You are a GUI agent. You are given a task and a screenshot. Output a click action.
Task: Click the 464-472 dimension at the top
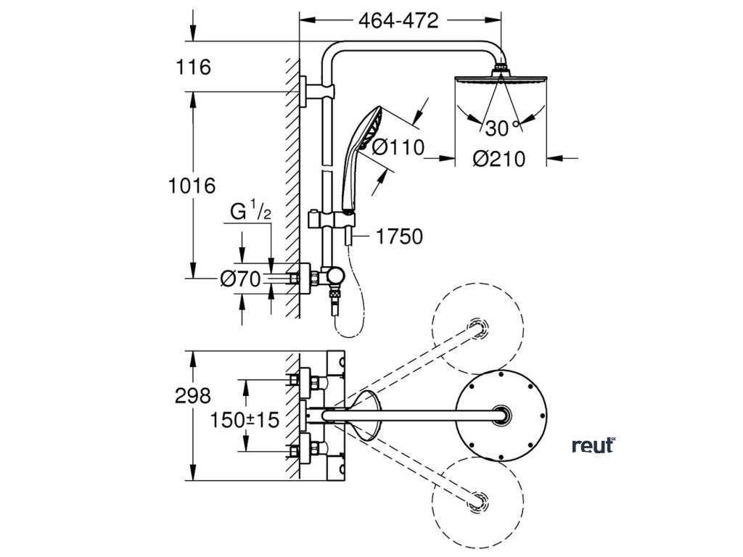pyautogui.click(x=399, y=21)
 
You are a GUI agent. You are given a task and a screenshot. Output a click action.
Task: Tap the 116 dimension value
pyautogui.click(x=193, y=67)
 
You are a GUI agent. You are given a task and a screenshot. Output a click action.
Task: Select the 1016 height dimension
pyautogui.click(x=192, y=186)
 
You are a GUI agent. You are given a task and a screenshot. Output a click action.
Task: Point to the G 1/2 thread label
pyautogui.click(x=251, y=213)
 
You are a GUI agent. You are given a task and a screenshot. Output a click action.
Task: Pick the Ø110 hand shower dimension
pyautogui.click(x=398, y=148)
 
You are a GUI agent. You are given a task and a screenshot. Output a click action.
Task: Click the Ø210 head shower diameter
pyautogui.click(x=498, y=157)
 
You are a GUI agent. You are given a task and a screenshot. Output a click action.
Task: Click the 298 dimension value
pyautogui.click(x=193, y=395)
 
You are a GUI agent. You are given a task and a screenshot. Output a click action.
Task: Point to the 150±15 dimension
pyautogui.click(x=245, y=419)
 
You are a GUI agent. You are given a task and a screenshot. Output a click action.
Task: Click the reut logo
pyautogui.click(x=593, y=445)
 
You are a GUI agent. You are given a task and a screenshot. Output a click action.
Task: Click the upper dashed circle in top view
pyautogui.click(x=477, y=329)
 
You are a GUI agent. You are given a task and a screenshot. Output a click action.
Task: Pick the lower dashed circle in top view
pyautogui.click(x=477, y=498)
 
